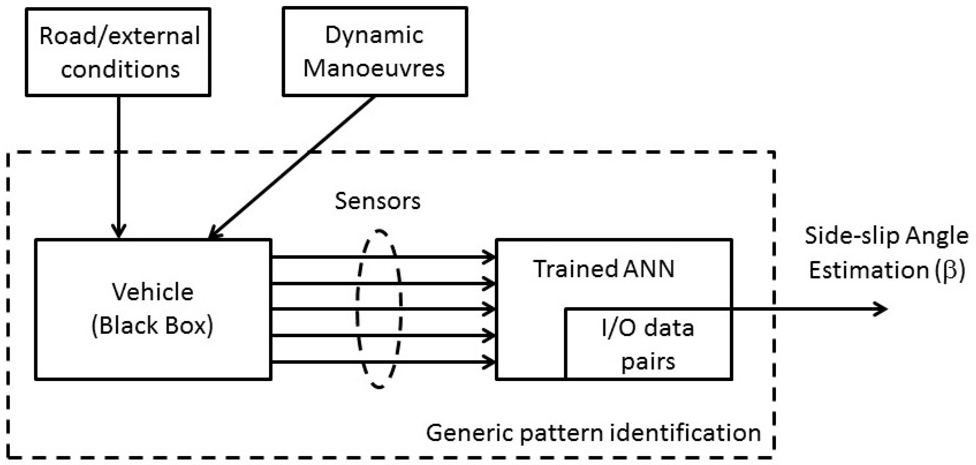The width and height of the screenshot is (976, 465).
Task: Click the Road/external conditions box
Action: (118, 52)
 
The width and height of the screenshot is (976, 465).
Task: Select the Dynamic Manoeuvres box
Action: (375, 52)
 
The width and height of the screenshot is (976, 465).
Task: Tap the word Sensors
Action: (377, 201)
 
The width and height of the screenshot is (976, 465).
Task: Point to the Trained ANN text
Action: (604, 269)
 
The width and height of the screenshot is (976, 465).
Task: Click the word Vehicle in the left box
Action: (153, 292)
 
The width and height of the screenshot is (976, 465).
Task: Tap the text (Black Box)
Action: (153, 326)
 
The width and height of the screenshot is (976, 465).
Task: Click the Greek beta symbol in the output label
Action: (950, 270)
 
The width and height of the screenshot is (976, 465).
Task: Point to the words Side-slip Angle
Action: (886, 236)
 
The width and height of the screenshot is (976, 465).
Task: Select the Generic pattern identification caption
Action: (593, 433)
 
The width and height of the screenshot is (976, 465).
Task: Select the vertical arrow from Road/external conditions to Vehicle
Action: (119, 167)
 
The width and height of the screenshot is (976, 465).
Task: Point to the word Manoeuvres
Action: (374, 69)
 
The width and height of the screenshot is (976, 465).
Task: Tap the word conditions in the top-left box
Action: (120, 70)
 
